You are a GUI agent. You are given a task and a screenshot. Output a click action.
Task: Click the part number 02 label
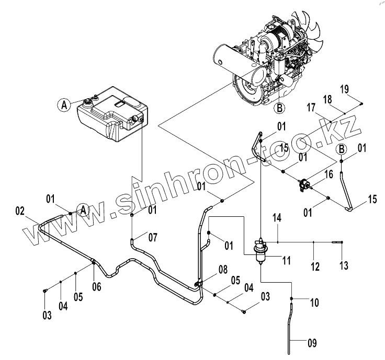[x=19, y=212]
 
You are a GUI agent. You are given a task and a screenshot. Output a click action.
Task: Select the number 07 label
[x=152, y=238]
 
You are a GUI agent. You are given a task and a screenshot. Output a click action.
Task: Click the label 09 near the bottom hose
[x=311, y=343]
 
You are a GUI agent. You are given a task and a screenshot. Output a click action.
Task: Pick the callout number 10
[x=314, y=302]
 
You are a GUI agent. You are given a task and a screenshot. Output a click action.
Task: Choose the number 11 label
[x=286, y=259]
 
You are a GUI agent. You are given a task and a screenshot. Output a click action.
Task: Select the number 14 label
[x=277, y=216]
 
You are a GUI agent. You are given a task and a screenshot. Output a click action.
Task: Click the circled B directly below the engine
[x=279, y=108]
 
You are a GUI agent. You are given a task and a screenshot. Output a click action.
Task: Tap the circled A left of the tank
[x=64, y=105]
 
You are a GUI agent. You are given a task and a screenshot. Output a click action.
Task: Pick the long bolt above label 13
[x=337, y=242]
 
